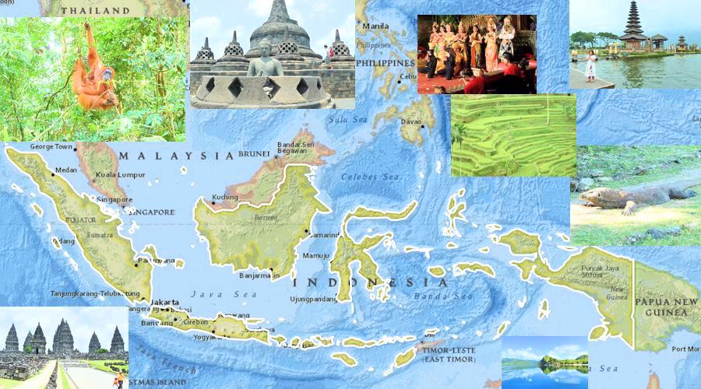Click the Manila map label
pyautogui.click(x=375, y=26)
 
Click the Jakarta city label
pyautogui.click(x=165, y=302)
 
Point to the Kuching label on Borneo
pyautogui.click(x=225, y=198)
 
